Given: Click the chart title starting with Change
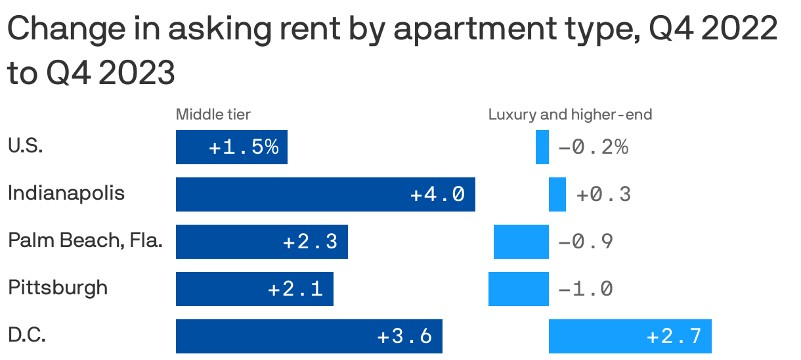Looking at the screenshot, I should [x=393, y=51].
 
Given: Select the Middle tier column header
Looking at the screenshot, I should [x=213, y=115].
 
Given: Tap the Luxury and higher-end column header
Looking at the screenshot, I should [x=570, y=115].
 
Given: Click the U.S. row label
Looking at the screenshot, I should [x=26, y=146].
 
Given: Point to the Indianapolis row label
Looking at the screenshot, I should [x=66, y=194].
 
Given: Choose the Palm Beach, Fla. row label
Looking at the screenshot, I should [x=85, y=241].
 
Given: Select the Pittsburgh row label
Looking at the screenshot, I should [x=58, y=288].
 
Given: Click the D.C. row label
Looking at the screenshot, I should [x=27, y=336].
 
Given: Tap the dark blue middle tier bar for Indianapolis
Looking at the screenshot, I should [x=325, y=194].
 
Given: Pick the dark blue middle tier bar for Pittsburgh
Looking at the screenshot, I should [x=254, y=289].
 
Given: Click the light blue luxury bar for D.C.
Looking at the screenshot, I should [x=630, y=336].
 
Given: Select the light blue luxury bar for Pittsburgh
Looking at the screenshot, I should [x=518, y=289].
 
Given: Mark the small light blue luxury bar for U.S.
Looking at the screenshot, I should [x=542, y=147].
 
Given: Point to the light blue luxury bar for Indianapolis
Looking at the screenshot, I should [x=557, y=194].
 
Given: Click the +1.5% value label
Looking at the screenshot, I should [x=244, y=147].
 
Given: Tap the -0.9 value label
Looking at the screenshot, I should [x=586, y=242].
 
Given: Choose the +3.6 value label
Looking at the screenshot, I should [x=404, y=336].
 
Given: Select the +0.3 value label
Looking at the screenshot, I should [x=603, y=194].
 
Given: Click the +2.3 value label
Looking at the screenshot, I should [x=310, y=242].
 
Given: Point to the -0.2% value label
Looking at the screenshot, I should [x=594, y=147].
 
